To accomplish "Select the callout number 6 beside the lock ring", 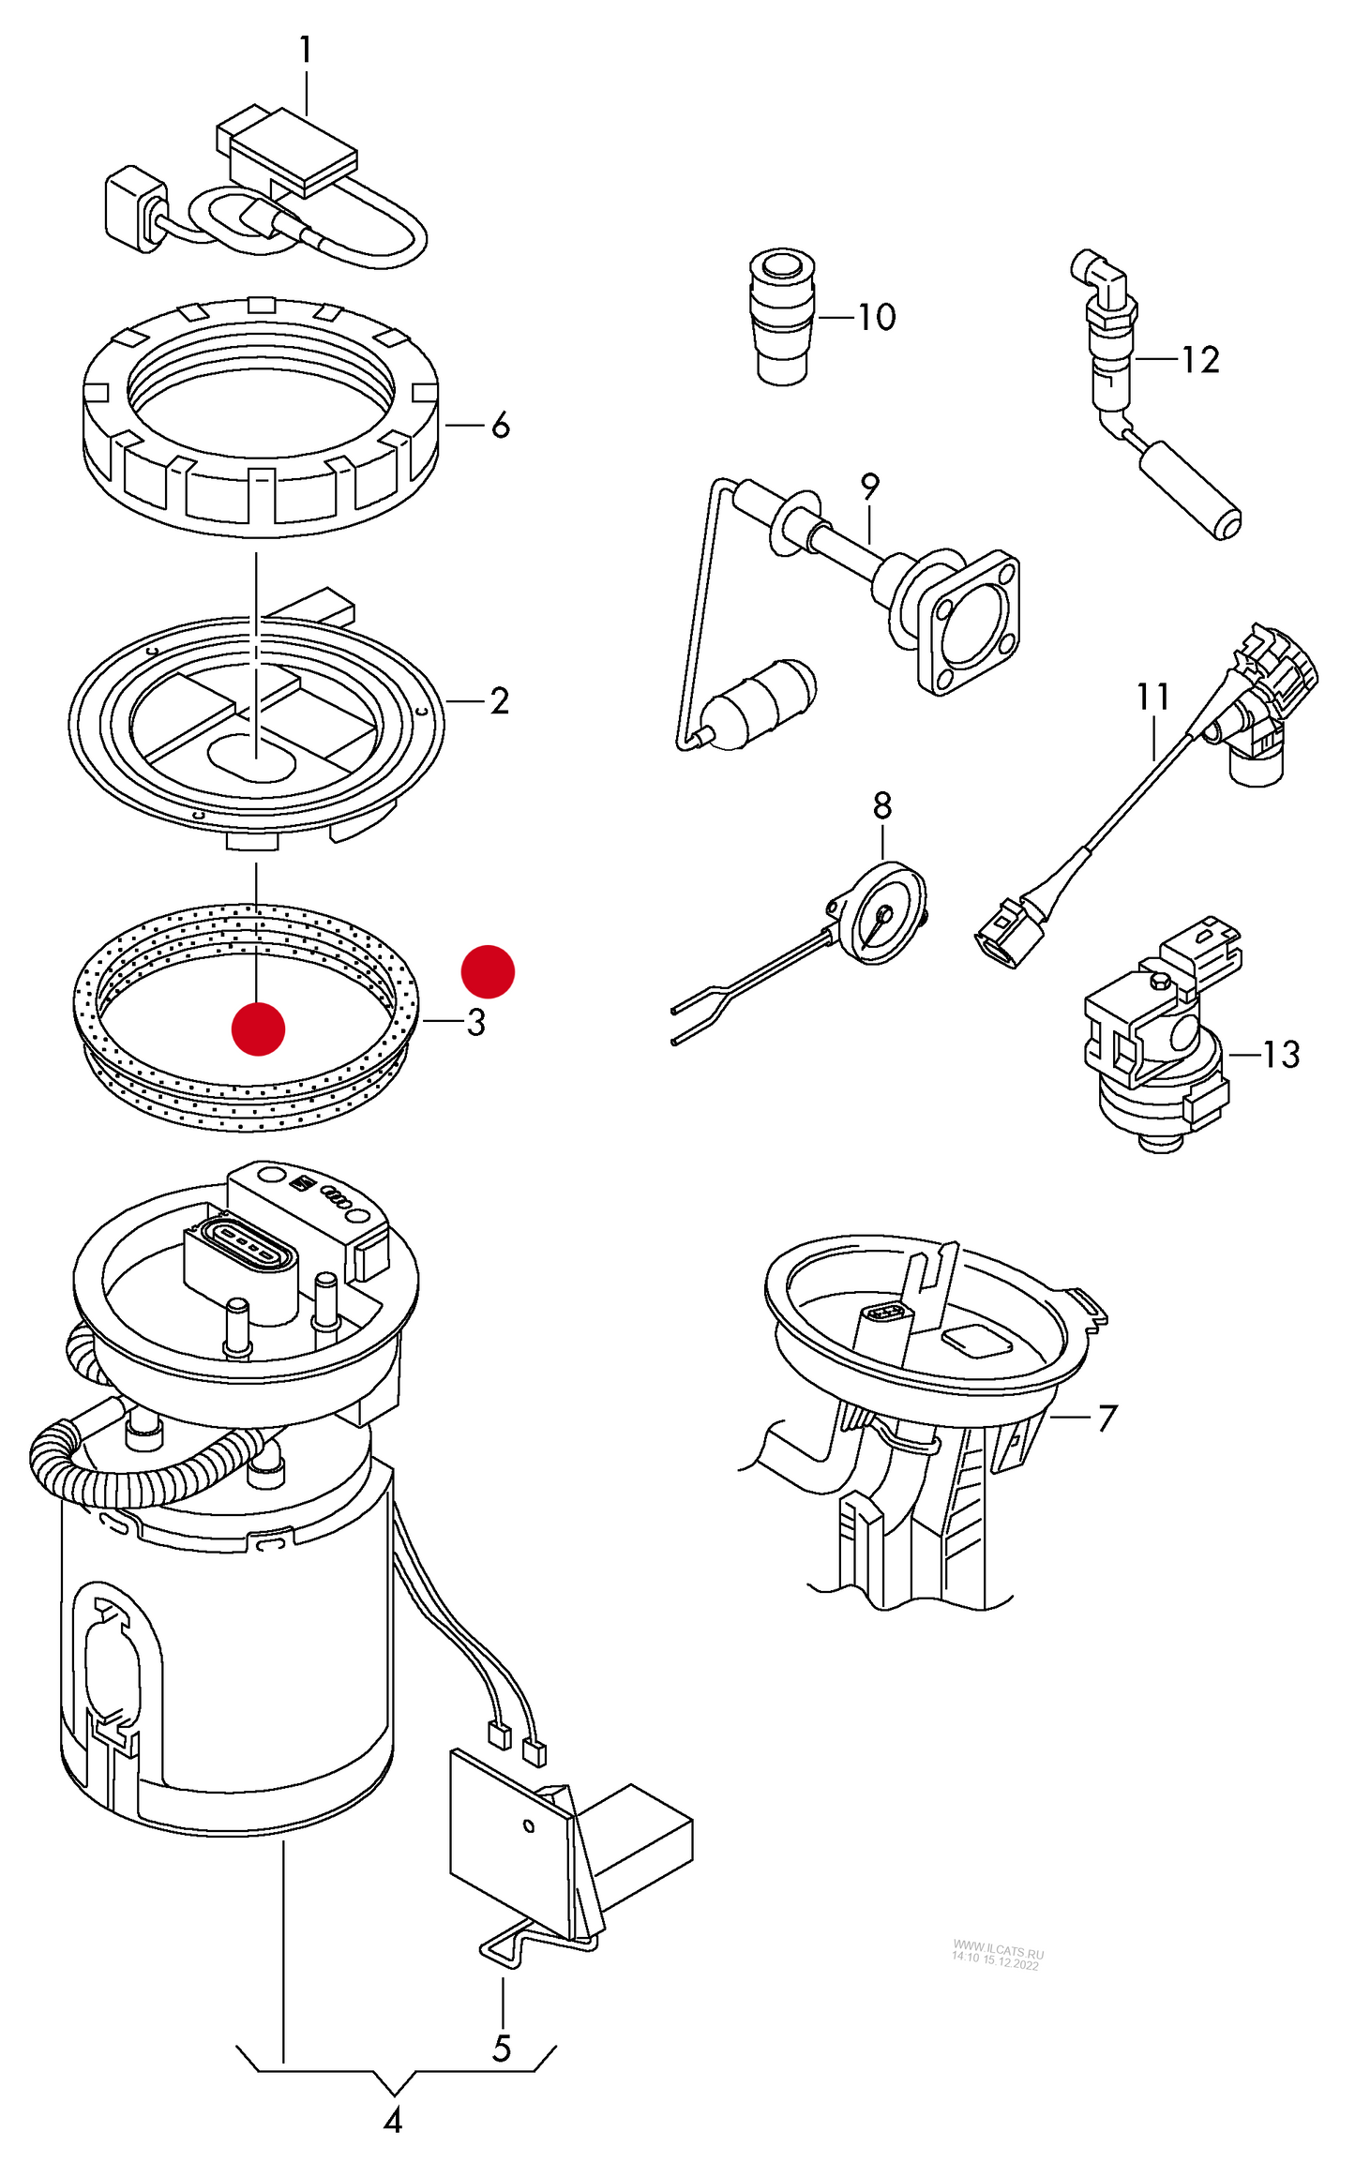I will tap(501, 426).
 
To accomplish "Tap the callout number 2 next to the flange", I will tap(500, 700).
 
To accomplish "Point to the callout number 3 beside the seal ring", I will tap(476, 1022).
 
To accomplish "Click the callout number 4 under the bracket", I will tap(393, 2120).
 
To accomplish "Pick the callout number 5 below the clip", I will tap(502, 2049).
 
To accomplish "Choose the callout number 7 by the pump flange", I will tap(1107, 1418).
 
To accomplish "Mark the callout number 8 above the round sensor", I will tap(882, 805).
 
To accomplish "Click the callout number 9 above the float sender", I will tap(870, 487).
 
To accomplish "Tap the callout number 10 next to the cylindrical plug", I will tap(877, 317).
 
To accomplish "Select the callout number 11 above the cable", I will tap(1152, 697).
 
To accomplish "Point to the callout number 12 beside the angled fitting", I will tap(1200, 360).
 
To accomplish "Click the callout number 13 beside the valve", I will tap(1281, 1055).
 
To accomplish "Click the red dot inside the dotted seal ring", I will tap(258, 1028).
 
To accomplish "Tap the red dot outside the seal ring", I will tap(488, 971).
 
